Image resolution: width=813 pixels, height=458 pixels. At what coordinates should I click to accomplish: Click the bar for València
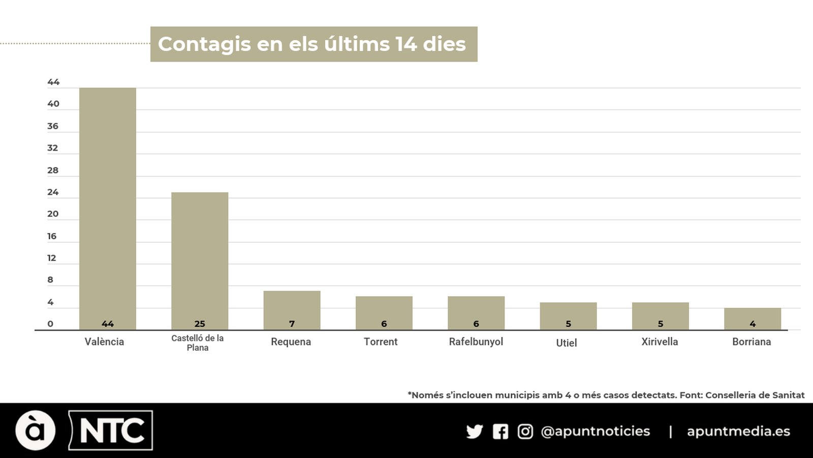point(107,209)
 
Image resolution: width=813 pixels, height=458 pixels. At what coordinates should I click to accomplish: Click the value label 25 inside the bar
point(200,324)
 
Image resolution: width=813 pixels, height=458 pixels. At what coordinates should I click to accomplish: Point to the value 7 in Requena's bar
point(292,324)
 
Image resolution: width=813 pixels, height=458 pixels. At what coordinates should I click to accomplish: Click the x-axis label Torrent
point(381,342)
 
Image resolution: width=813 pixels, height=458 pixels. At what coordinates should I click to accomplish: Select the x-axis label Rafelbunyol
point(476,342)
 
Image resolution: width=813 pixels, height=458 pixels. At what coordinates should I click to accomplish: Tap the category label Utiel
point(567,343)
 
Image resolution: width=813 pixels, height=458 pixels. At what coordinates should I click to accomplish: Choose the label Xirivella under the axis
point(660,342)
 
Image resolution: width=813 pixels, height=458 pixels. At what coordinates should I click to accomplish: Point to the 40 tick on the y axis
point(53,104)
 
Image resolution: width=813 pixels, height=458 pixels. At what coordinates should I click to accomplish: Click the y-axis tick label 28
point(53,170)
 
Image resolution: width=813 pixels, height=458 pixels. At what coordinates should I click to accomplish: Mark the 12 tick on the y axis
point(52,258)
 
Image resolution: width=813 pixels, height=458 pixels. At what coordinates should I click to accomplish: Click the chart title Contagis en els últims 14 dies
point(312,44)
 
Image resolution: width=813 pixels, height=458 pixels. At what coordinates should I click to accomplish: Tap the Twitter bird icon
point(475,432)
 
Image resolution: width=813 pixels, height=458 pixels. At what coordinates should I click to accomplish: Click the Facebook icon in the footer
point(501,432)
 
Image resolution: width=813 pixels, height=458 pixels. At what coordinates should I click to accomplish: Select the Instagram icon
point(525,432)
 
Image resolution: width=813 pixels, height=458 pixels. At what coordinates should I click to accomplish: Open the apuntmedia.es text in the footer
point(738,432)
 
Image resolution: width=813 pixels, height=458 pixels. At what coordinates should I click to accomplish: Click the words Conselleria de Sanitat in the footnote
point(755,395)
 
